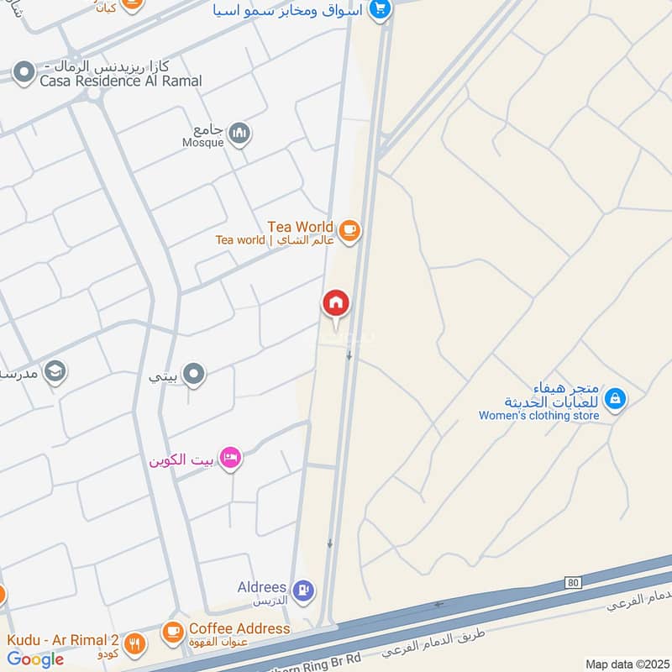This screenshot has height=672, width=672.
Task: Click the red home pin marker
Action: [x=336, y=303]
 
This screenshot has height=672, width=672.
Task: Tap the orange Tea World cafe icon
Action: [x=349, y=228]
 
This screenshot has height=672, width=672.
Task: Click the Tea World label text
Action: [x=300, y=227]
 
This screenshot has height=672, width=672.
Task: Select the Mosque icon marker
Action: [x=240, y=133]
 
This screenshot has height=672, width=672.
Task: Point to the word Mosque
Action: [x=204, y=143]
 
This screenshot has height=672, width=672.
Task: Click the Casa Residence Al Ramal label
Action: [x=121, y=81]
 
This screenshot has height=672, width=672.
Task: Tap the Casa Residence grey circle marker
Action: [x=24, y=72]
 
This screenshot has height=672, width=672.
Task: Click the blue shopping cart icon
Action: [x=381, y=9]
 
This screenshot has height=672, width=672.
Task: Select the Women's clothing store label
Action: [x=539, y=415]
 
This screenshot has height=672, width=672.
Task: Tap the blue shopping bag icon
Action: [x=616, y=398]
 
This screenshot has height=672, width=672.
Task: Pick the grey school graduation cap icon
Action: [x=55, y=371]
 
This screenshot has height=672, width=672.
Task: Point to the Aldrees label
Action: [x=264, y=588]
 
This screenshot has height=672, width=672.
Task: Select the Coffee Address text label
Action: [x=239, y=628]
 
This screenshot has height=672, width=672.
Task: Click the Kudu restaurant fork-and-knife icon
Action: [x=134, y=644]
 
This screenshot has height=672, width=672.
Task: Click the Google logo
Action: [x=35, y=659]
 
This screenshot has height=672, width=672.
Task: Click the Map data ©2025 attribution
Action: [x=626, y=664]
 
